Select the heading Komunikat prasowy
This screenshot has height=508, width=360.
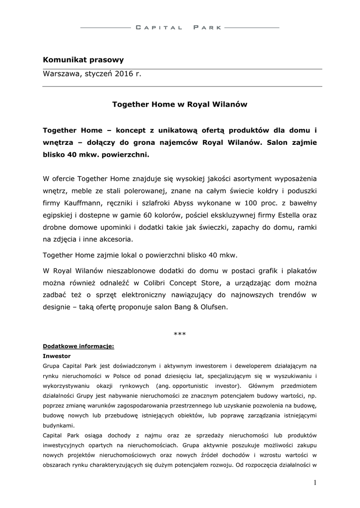[x=83, y=60]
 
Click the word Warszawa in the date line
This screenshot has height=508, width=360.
[x=61, y=74]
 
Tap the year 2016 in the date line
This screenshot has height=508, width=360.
[x=124, y=74]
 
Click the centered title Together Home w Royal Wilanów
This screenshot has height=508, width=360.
[x=180, y=105]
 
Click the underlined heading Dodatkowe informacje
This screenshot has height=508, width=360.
[x=78, y=346]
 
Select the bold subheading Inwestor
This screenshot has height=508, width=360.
[x=57, y=356]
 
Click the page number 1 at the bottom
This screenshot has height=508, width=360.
[x=314, y=483]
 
